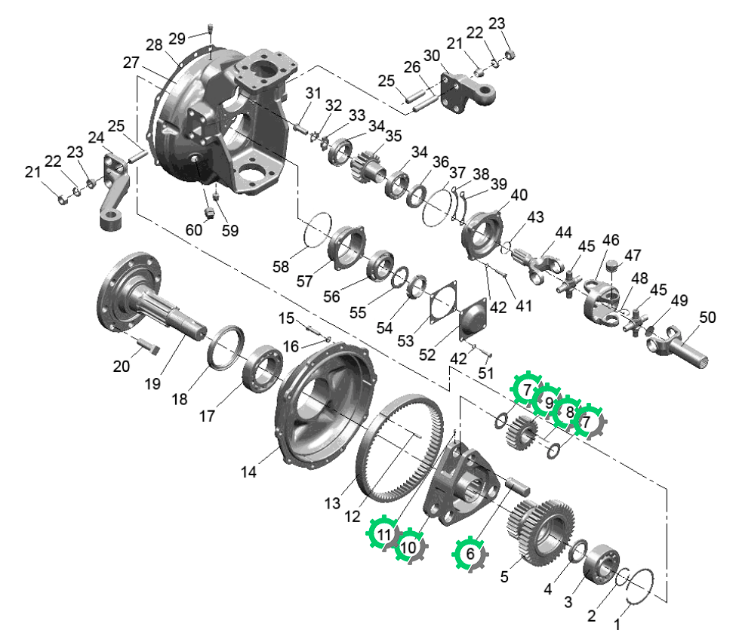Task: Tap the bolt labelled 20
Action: click(148, 346)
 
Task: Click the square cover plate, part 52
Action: click(473, 320)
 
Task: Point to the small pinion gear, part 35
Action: click(368, 167)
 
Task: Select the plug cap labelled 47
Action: click(611, 266)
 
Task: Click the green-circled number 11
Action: click(384, 534)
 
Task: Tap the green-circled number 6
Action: click(470, 554)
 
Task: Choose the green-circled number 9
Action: click(548, 402)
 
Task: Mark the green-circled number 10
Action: click(408, 547)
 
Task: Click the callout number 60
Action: click(194, 230)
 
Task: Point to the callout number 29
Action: click(177, 38)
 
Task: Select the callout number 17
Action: click(207, 416)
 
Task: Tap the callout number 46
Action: click(611, 240)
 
